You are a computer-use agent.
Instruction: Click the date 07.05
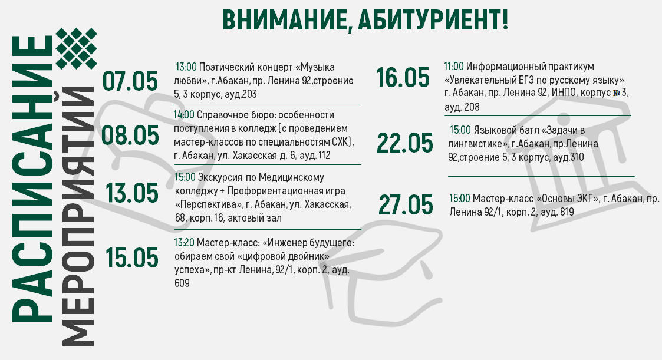click(130, 81)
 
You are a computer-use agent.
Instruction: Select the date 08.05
click(130, 136)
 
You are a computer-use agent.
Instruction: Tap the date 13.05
click(132, 193)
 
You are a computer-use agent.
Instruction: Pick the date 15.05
click(131, 257)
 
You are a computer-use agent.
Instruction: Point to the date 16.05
click(403, 78)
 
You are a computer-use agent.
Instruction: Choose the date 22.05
click(405, 143)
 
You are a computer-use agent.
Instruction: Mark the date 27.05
click(406, 204)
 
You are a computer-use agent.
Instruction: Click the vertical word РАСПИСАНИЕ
click(32, 179)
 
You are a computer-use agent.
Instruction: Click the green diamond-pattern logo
click(77, 48)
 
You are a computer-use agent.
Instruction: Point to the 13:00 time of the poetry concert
click(186, 67)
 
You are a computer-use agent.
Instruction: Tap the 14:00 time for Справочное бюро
click(184, 115)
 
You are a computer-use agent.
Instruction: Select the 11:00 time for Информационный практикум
click(454, 66)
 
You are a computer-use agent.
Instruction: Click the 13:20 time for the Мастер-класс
click(185, 243)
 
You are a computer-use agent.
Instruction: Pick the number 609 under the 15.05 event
click(182, 283)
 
